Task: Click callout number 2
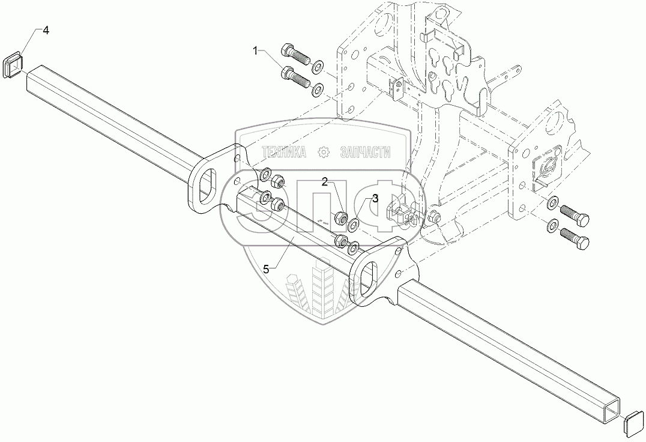(x=324, y=182)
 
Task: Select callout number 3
(x=375, y=198)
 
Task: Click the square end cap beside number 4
(x=13, y=65)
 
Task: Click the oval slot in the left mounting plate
(x=207, y=182)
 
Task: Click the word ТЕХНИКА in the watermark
(x=283, y=153)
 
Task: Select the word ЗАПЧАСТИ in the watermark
(x=365, y=153)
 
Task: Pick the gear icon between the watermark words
(x=324, y=153)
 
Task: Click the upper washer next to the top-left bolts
(x=317, y=64)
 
